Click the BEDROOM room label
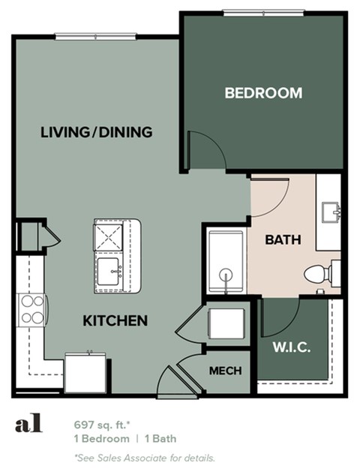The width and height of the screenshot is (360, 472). (x=263, y=94)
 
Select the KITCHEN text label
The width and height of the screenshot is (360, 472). (x=115, y=321)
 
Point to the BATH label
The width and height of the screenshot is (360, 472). (x=283, y=241)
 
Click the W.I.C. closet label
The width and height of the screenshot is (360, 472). (x=292, y=348)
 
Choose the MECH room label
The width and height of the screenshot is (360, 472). (x=225, y=370)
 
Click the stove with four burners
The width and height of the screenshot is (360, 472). (x=31, y=308)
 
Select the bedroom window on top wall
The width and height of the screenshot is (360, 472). (x=264, y=12)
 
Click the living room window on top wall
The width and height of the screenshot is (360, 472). (x=95, y=35)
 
